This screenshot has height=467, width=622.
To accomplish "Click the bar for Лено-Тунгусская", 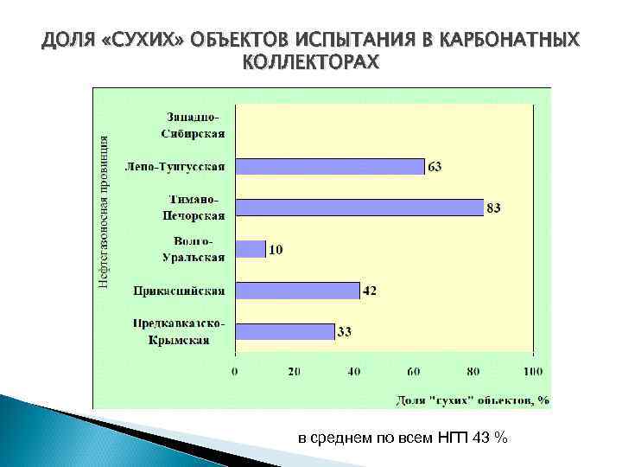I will tap(329, 167).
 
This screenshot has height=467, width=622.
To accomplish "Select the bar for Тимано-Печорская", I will tap(359, 208).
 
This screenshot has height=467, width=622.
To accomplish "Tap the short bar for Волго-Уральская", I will tap(250, 249).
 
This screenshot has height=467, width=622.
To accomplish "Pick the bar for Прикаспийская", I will tap(297, 291).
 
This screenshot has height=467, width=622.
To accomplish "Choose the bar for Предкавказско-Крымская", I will tap(284, 331).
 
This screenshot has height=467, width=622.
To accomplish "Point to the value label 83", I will tap(494, 208).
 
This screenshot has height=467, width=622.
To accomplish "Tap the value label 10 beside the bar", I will tap(276, 250).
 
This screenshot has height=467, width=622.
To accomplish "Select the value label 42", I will tap(369, 291).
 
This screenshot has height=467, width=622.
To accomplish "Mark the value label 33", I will tap(344, 332).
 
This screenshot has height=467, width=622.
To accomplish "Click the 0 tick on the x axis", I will tap(235, 372).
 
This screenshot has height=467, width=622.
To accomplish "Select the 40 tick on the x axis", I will tap(354, 372).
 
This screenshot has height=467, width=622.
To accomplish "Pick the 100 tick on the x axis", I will tap(533, 372).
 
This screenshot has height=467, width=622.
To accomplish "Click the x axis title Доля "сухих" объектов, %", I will tap(473, 400).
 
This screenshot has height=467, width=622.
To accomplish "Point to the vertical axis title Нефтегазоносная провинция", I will tap(103, 213).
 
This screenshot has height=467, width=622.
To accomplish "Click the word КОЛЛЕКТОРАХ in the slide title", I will tap(311, 62).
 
